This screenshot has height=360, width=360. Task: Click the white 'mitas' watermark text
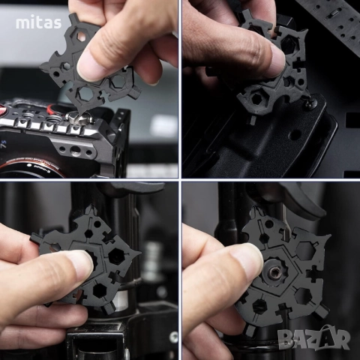point(38,22)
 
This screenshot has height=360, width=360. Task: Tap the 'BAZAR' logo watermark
point(314,338)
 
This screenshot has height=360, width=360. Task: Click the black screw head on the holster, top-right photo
point(309,104)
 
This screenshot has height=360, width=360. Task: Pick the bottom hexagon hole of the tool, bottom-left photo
point(98,289)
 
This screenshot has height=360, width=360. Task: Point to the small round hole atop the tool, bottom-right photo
point(268,223)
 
